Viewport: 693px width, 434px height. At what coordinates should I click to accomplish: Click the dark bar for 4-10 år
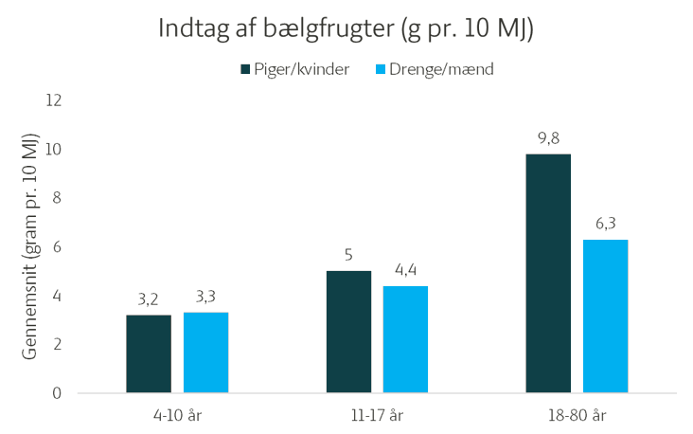coord(149,353)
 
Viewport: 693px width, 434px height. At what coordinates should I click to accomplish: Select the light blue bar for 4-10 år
coord(205,353)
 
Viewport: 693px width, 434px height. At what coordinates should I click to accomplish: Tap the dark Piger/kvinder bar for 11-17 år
coord(348,332)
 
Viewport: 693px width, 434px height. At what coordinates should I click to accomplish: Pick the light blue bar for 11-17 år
coord(405,339)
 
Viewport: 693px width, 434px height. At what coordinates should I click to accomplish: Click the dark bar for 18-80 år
coord(548,273)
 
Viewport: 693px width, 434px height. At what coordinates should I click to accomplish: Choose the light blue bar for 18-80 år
coord(605,316)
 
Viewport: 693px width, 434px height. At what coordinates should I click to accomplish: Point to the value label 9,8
coord(548,138)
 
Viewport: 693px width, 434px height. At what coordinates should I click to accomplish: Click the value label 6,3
coord(605,225)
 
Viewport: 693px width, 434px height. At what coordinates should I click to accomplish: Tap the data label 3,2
coord(149,299)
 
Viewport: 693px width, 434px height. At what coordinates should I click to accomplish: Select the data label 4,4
coord(405,271)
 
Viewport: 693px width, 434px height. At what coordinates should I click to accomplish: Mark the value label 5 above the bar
coord(348,256)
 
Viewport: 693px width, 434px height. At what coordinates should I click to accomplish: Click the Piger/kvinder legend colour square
coord(245,69)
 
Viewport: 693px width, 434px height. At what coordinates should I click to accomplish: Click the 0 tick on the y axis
coord(57,393)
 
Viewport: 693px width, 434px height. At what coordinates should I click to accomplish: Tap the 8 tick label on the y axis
coord(57,198)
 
